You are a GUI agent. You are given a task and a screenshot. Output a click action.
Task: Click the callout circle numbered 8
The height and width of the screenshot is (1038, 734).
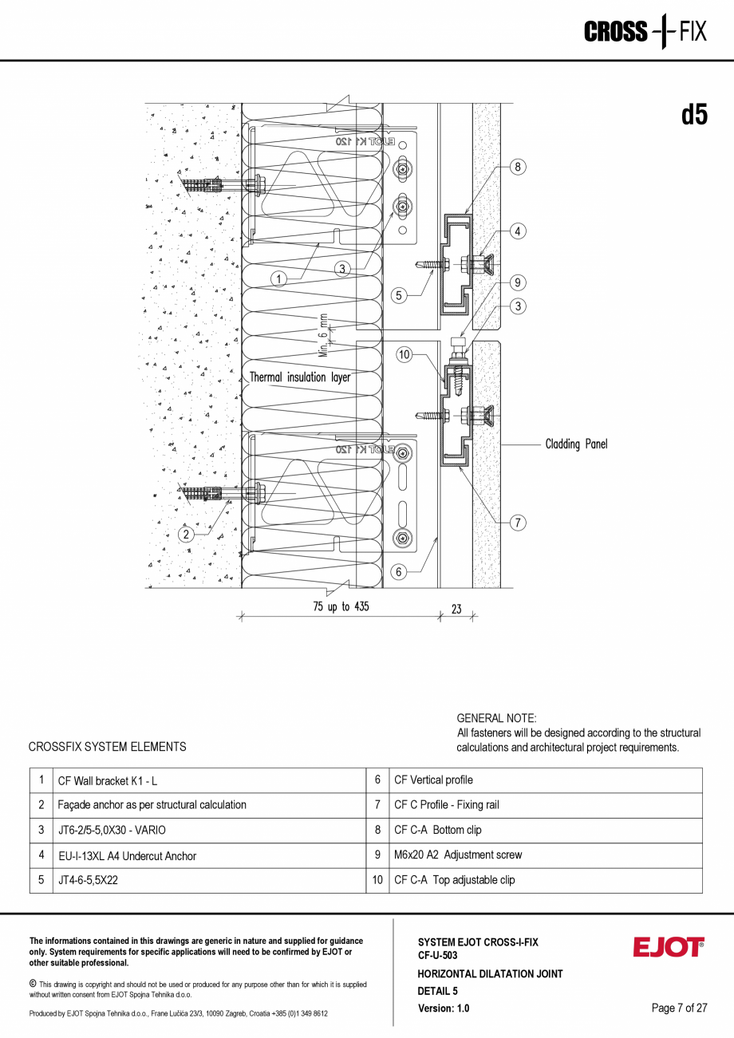click(518, 167)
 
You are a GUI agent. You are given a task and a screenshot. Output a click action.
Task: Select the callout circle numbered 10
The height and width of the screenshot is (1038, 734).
click(404, 355)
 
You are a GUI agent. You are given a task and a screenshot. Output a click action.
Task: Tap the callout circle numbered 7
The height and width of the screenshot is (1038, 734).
click(518, 523)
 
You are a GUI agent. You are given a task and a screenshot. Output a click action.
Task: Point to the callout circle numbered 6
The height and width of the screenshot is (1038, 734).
click(400, 571)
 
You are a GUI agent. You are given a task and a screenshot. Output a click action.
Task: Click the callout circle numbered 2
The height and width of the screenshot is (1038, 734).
click(186, 534)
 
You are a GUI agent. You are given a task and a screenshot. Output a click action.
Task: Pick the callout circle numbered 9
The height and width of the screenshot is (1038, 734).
click(518, 282)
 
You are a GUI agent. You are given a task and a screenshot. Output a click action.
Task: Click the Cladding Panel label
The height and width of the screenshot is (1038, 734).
click(576, 444)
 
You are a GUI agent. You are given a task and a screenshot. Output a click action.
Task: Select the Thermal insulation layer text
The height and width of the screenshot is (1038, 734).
click(300, 377)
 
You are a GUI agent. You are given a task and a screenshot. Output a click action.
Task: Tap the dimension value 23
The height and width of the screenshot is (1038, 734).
click(456, 609)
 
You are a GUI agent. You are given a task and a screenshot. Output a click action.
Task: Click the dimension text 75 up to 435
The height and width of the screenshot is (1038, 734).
click(341, 607)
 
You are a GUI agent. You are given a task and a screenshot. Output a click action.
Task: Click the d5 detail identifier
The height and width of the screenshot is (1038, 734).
click(694, 115)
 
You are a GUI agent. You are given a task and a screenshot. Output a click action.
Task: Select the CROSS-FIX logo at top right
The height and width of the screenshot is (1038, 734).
click(645, 32)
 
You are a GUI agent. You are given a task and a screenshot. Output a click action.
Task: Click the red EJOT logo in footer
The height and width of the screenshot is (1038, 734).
click(669, 948)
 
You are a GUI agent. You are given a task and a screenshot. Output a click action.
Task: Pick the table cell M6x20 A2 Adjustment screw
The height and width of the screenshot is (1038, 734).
click(458, 854)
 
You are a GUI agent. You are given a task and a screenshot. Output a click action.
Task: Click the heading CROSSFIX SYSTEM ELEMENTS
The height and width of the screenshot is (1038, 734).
click(107, 747)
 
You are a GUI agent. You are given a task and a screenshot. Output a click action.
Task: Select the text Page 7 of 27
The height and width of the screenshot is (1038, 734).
click(679, 1008)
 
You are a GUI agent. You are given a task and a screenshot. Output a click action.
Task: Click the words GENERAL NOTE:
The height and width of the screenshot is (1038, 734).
click(496, 718)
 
